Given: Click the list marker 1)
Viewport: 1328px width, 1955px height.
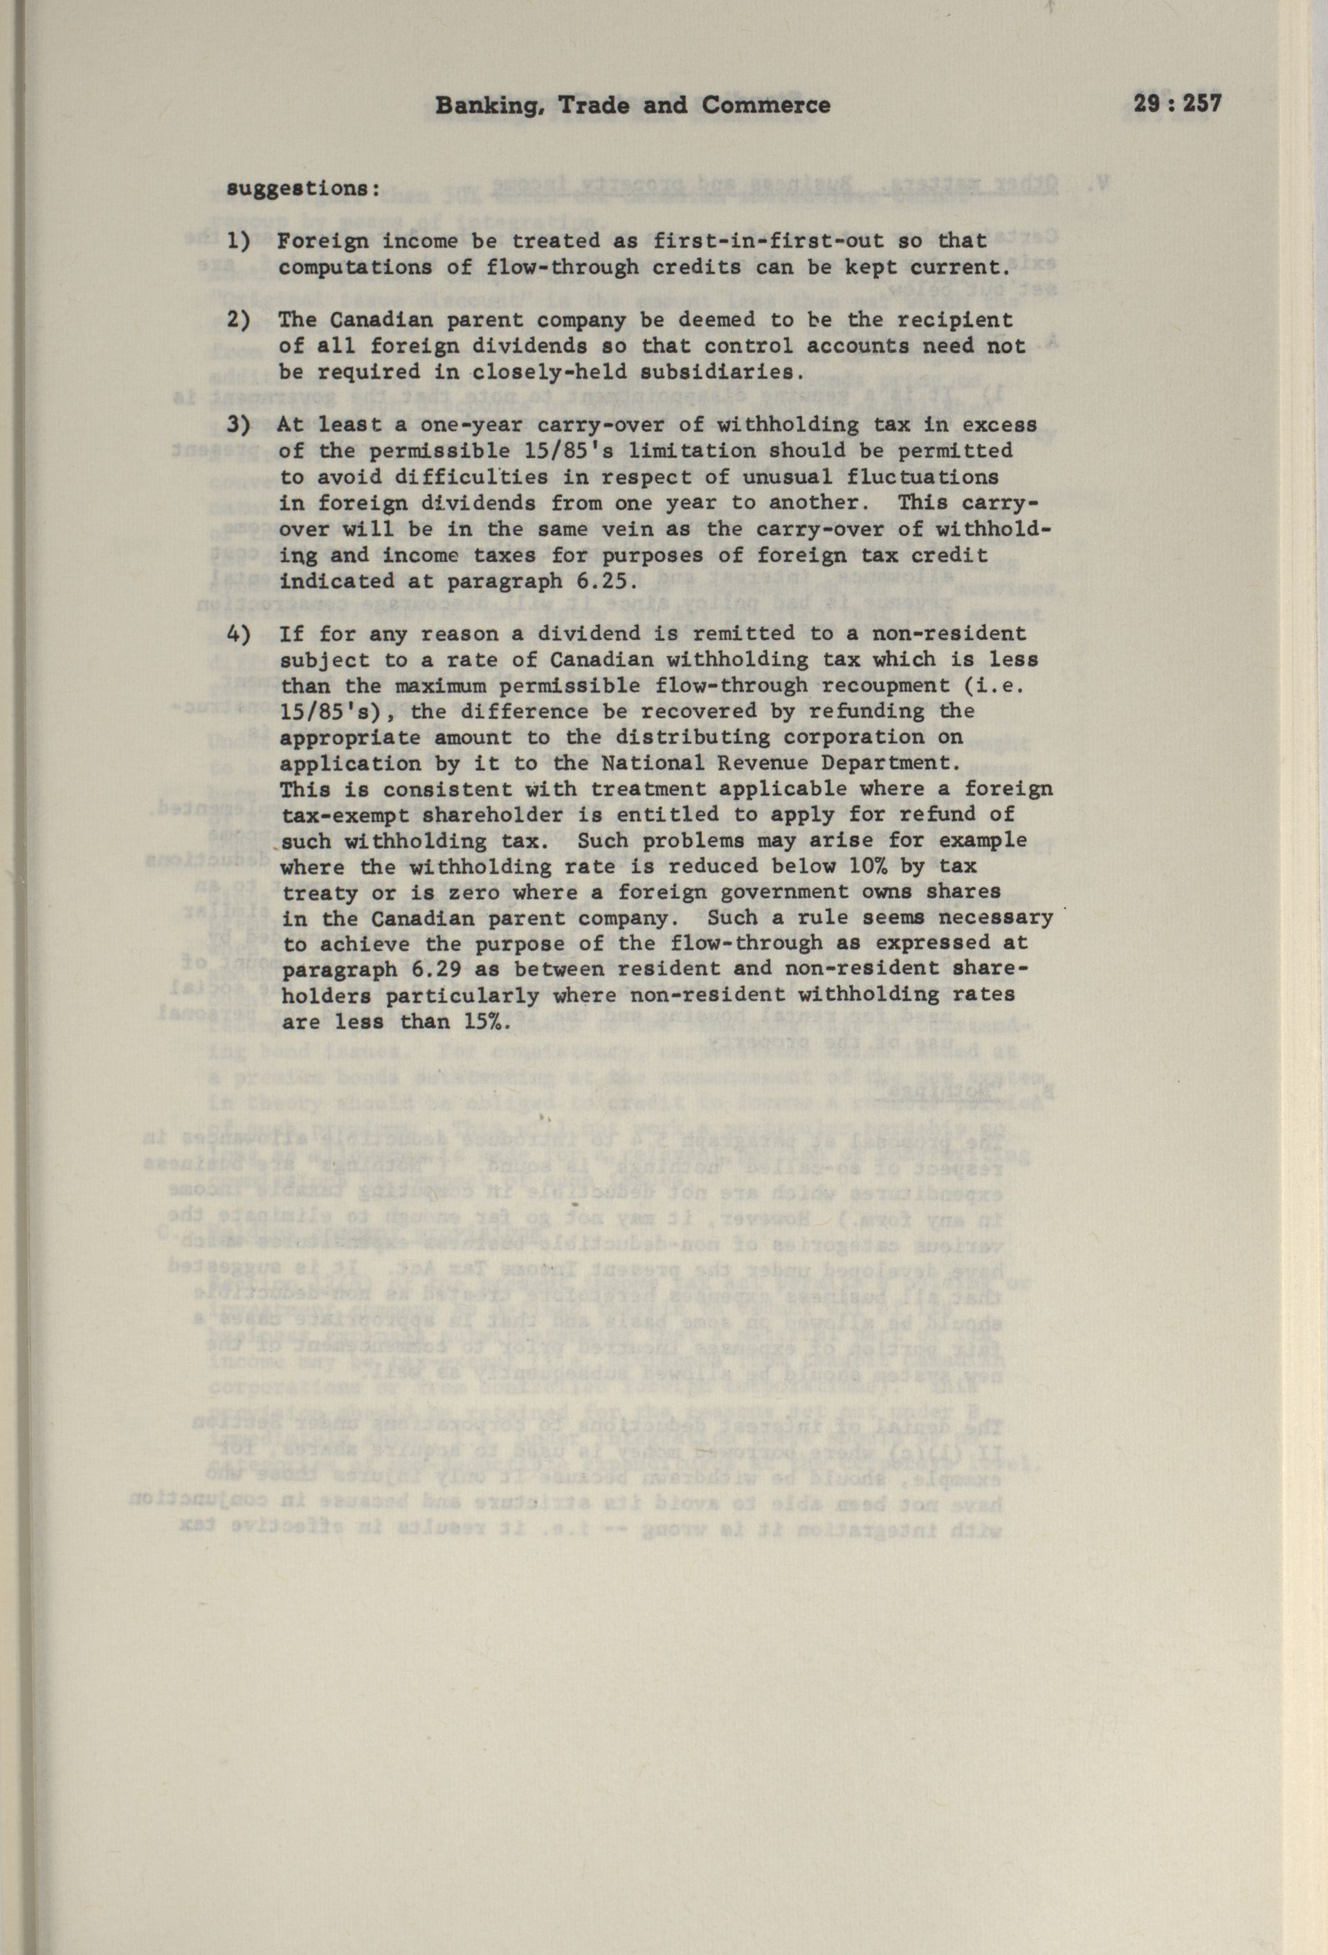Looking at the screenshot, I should [238, 242].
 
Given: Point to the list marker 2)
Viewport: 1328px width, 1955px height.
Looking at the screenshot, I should [238, 320].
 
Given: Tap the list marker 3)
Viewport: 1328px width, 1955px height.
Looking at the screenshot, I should [238, 425].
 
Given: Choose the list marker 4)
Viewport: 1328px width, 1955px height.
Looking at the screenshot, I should [238, 633].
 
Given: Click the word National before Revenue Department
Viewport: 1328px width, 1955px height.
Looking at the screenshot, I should [645, 764].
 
